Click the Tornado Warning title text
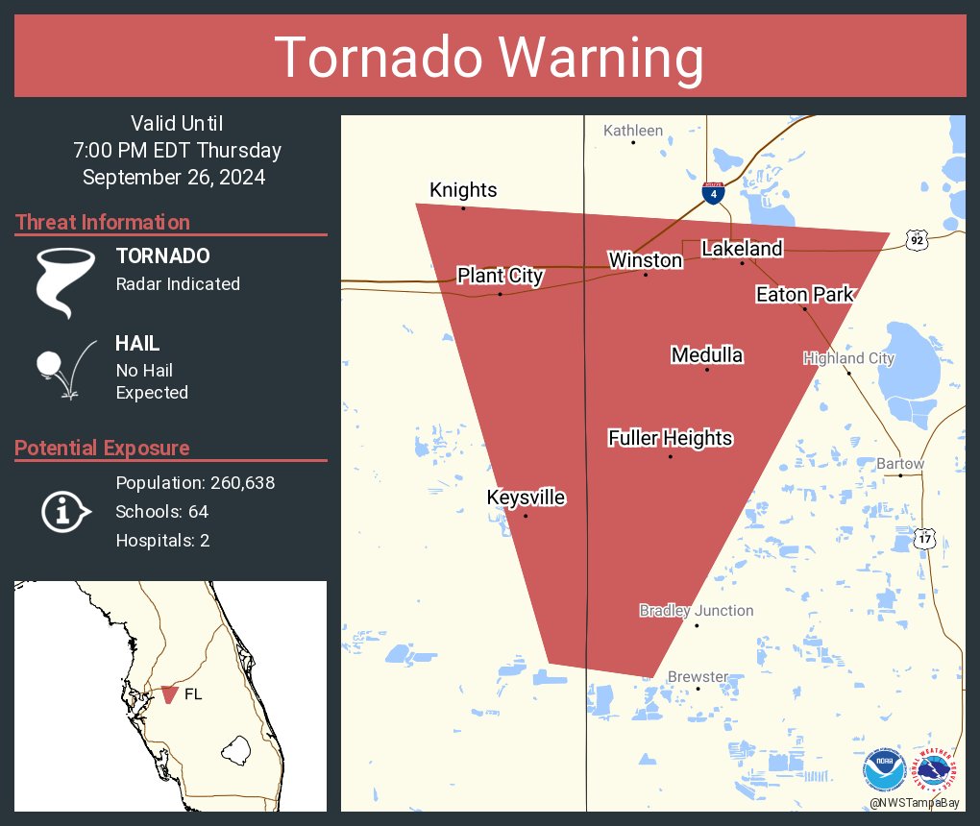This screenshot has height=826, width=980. tap(490, 58)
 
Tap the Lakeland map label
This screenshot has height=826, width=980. tap(742, 249)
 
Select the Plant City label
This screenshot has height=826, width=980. tap(500, 277)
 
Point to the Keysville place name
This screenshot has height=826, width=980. tap(526, 498)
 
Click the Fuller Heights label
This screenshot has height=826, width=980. tap(671, 439)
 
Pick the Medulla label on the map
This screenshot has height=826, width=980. tap(707, 355)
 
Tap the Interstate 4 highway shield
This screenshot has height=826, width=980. tap(712, 193)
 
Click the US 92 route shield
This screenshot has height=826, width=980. tap(918, 241)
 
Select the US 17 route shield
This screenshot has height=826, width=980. tap(924, 539)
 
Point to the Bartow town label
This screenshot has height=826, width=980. tap(900, 464)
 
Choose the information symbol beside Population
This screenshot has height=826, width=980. tap(64, 512)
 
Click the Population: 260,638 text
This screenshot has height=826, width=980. tap(195, 482)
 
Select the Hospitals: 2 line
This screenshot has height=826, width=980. tap(162, 540)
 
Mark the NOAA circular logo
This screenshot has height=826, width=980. tap(884, 769)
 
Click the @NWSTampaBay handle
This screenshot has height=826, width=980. tap(913, 802)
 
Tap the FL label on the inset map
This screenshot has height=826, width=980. tap(193, 693)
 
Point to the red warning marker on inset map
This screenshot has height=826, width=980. tap(169, 693)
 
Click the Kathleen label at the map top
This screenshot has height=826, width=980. tap(633, 131)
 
